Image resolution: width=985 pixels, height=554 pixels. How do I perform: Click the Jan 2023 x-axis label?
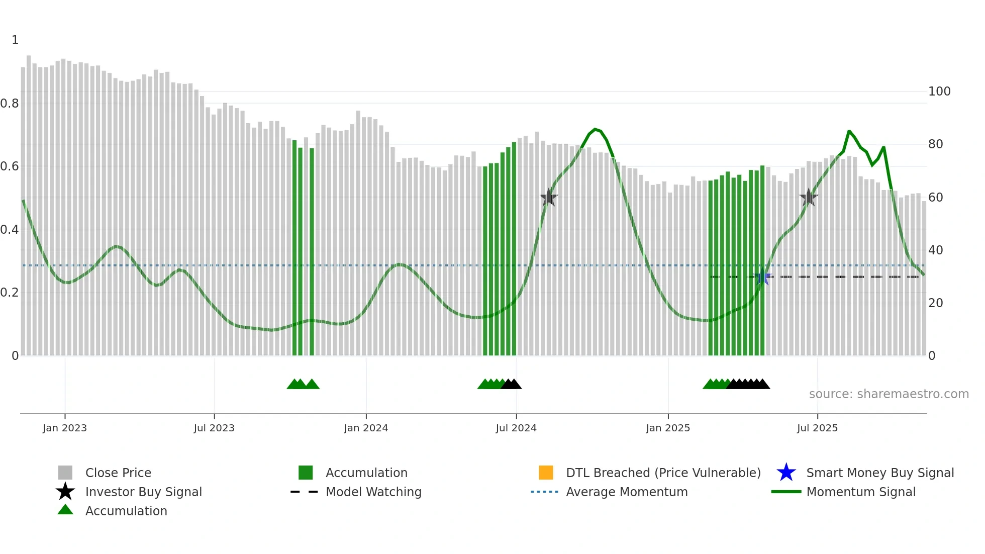point(64,428)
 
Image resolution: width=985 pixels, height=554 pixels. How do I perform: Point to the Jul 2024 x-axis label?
point(516,428)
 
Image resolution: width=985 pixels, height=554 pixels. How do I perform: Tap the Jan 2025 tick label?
point(667,428)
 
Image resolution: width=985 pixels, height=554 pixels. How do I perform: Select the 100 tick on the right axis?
point(939,91)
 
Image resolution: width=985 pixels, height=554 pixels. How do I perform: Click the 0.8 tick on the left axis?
point(10,104)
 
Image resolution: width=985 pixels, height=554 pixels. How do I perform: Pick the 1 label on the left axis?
point(15,40)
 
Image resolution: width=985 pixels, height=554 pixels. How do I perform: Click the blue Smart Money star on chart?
point(762,277)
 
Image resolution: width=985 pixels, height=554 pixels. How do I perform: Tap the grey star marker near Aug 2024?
point(548,198)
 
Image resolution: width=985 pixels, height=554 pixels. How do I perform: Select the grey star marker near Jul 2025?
point(808,198)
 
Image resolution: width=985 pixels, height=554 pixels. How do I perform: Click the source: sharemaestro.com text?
point(889,394)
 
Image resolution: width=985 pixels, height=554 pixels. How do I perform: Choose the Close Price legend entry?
point(118,473)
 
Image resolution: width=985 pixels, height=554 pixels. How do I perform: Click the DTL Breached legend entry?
point(663,473)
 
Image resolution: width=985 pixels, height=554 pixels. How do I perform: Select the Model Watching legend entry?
point(373,492)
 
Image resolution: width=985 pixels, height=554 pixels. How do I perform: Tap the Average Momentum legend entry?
point(626,492)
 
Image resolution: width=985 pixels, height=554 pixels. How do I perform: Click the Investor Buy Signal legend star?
point(65,492)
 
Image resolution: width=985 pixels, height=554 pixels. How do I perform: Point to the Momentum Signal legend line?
point(786,492)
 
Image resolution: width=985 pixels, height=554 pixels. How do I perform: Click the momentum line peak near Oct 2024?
point(595,129)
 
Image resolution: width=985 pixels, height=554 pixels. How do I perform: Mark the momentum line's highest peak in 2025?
point(849,131)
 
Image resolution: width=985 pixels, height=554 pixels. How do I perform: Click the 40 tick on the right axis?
point(935,250)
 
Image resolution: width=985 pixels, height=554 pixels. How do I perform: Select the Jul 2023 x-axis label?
point(214,428)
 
